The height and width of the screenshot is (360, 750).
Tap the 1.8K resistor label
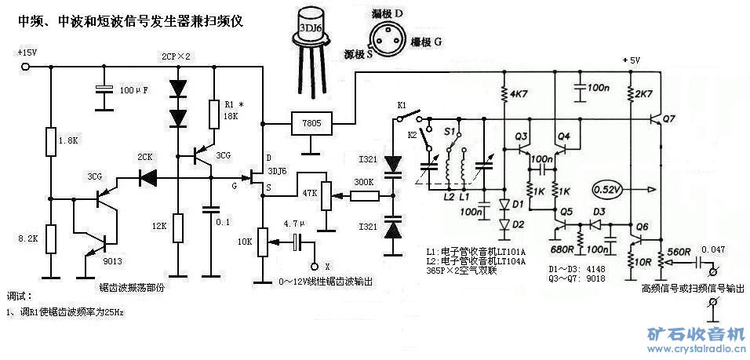[69, 141]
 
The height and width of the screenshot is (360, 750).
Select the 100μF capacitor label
[135, 90]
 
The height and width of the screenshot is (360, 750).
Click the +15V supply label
[26, 53]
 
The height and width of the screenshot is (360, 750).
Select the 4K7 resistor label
[520, 95]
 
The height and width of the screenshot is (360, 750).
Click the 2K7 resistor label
[644, 95]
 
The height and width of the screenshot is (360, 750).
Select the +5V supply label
[630, 61]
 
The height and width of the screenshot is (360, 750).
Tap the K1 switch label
[401, 104]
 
